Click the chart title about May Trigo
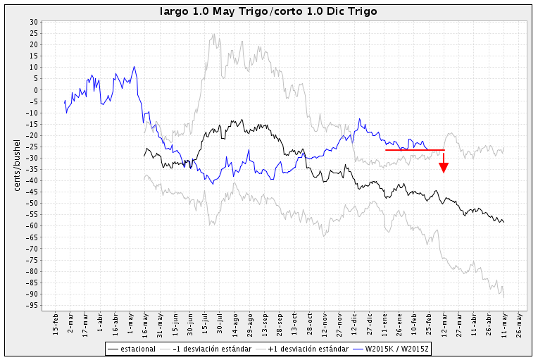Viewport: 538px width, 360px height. click(268, 11)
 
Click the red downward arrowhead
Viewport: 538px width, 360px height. click(444, 167)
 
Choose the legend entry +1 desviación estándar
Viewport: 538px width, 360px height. click(304, 348)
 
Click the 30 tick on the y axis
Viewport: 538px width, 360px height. click(34, 22)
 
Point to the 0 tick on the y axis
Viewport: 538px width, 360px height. click(35, 90)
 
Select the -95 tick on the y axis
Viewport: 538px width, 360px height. click(32, 305)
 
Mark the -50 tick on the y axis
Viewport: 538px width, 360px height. click(32, 203)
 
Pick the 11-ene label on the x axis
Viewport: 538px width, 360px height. click(385, 322)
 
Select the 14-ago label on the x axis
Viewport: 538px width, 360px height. click(235, 322)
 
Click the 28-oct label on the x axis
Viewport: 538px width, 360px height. click(311, 322)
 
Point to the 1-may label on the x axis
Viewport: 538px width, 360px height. click(131, 322)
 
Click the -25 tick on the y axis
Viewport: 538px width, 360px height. click(32, 147)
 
